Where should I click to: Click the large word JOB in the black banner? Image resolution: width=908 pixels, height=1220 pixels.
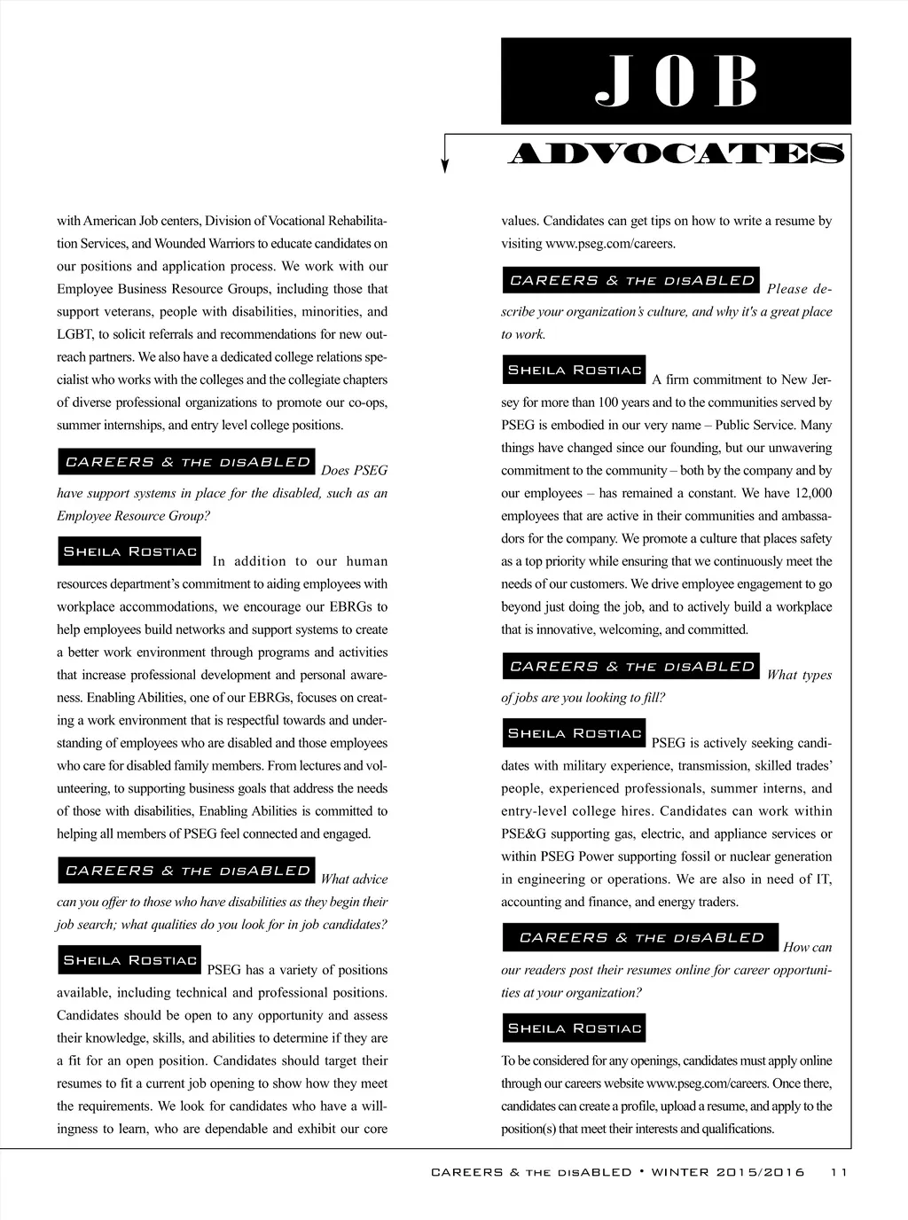676,82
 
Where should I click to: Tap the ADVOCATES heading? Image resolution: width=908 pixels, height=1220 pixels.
677,154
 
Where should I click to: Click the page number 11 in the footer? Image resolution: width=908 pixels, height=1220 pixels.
839,1172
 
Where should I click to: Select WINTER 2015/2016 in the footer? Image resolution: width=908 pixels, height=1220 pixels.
728,1172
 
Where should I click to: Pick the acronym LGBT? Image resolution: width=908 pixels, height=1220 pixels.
72,334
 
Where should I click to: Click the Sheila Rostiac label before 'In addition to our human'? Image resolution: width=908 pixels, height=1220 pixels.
129,551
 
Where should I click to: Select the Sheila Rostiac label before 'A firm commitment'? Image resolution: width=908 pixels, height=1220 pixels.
574,370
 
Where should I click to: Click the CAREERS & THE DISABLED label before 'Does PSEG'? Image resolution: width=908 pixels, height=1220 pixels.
187,462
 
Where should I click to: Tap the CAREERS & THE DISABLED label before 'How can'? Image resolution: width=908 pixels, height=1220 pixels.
640,937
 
